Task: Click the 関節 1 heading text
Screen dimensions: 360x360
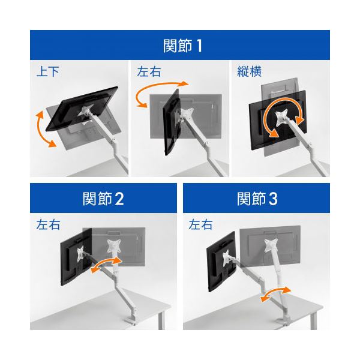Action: (x=182, y=46)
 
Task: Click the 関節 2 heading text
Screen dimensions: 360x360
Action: (x=103, y=199)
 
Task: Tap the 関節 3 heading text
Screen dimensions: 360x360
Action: (x=257, y=199)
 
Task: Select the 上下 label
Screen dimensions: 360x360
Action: (x=48, y=71)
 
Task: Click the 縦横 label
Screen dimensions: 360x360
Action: (x=250, y=71)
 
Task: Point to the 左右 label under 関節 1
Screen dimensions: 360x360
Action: (x=149, y=71)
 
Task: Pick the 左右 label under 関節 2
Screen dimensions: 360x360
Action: (x=48, y=224)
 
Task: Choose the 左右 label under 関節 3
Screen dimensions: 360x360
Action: (x=200, y=224)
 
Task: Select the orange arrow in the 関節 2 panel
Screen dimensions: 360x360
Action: (x=106, y=264)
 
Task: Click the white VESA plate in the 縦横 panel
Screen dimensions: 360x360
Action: (x=281, y=118)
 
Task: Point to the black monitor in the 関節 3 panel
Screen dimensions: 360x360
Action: (x=221, y=262)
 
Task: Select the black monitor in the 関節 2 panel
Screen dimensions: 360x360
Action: (x=76, y=257)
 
